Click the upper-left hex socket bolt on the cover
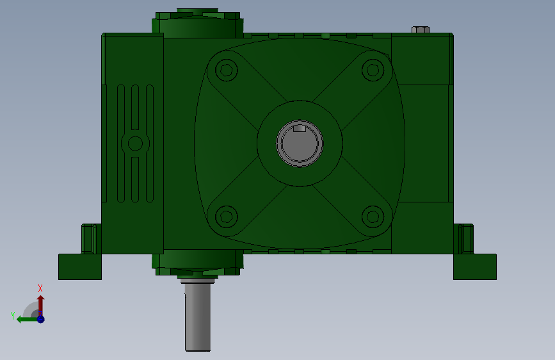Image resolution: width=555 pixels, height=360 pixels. click(x=226, y=70)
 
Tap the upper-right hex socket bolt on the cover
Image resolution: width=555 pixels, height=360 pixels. click(x=373, y=70)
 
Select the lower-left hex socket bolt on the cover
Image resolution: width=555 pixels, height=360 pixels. click(x=226, y=217)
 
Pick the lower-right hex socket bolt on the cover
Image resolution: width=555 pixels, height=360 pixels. click(x=373, y=217)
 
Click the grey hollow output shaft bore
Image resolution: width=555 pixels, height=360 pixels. click(x=300, y=143)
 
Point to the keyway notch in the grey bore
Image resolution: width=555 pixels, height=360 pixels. click(x=300, y=128)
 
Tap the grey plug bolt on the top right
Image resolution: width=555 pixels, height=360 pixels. click(x=421, y=29)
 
